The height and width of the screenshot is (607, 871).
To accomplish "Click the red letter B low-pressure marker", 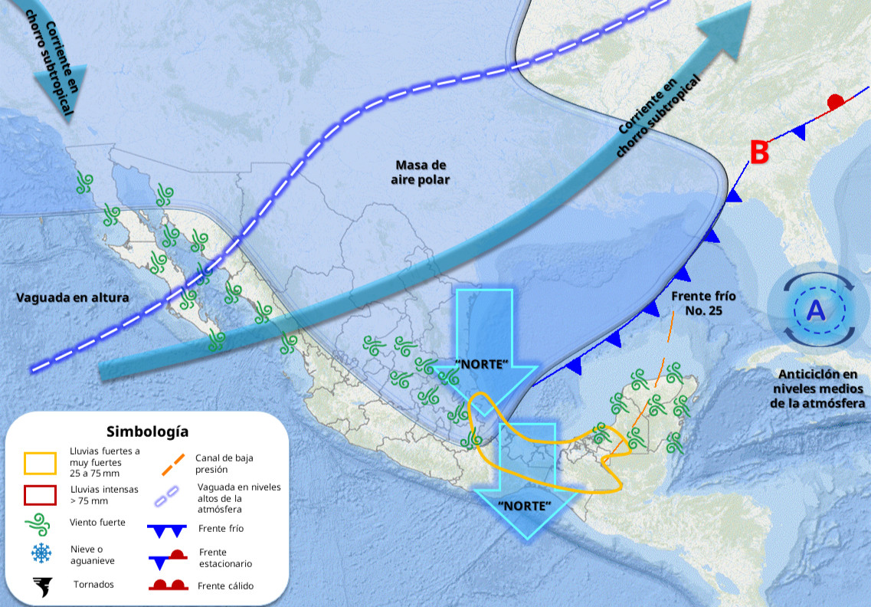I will coord(758,153).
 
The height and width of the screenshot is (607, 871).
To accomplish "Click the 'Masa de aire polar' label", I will coord(421,172).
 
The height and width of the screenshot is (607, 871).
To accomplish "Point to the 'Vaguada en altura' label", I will coord(72,297).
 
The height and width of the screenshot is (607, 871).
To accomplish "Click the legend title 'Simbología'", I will coord(147,431).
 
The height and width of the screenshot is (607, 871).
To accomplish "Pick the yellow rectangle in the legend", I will coord(40,463).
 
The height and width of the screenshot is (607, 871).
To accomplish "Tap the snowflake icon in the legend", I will coord(41,552).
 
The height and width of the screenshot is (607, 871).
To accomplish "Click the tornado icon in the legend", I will coord(41,586).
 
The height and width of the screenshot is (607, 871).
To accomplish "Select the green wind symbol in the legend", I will coord(40,524).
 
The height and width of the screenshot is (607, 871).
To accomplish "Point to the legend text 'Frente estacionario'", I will coord(224,558).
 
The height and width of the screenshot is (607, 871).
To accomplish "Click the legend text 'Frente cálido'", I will coord(226,586).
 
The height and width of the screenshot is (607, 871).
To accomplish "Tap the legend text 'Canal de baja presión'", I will coord(224,463).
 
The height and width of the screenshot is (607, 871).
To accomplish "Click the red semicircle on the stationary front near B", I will coord(836,102).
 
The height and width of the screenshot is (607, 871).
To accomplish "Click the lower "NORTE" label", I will coord(524,506).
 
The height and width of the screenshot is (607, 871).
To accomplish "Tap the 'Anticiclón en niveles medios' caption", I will coord(817,389).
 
